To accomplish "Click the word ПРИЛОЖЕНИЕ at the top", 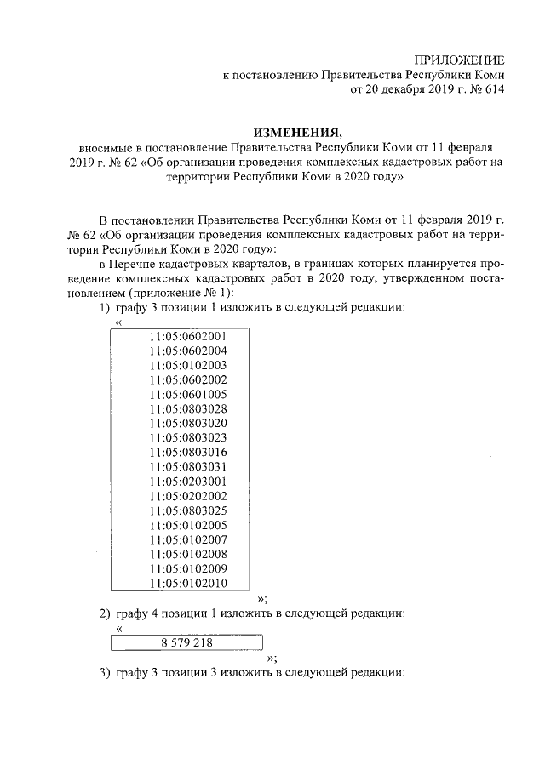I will point(458,59).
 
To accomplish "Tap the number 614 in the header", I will point(495,89).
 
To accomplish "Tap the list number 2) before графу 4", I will point(105,613).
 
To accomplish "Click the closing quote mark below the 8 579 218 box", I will point(272,658).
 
